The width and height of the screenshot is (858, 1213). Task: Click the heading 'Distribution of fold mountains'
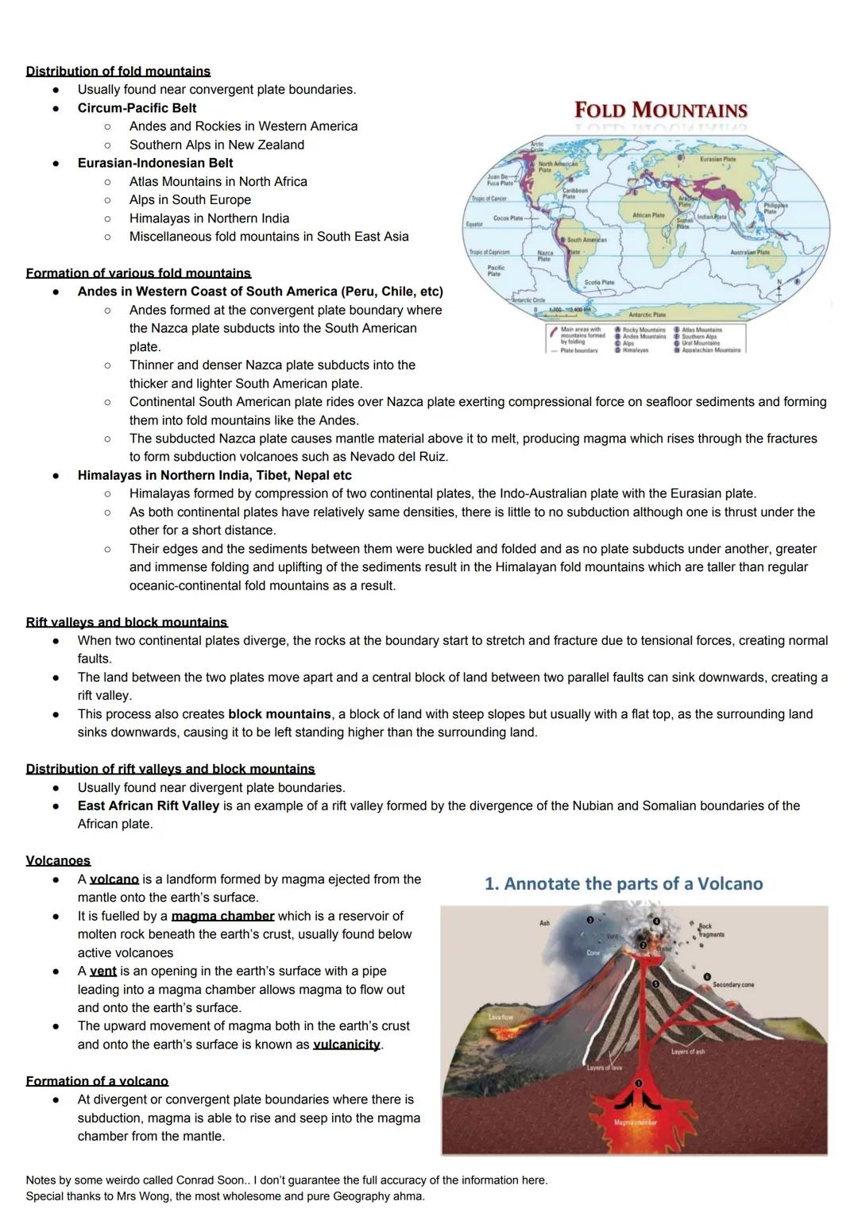pos(118,71)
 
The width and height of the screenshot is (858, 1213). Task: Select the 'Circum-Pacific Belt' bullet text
pos(137,108)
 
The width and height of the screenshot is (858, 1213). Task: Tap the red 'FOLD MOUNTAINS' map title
pos(660,110)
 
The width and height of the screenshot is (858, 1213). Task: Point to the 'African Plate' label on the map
pos(647,215)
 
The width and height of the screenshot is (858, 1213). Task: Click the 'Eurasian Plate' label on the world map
pos(717,159)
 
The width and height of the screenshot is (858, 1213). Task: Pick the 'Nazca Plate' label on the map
pos(545,255)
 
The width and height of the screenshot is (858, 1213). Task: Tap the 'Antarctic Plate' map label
pos(647,315)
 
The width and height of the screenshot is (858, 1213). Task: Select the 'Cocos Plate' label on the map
pos(508,218)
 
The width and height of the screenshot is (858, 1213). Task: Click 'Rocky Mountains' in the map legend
pos(643,330)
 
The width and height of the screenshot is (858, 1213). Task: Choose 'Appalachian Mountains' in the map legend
pos(711,350)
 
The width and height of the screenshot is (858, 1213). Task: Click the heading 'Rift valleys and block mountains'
pos(126,622)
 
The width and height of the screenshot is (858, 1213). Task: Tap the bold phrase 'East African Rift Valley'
pos(148,805)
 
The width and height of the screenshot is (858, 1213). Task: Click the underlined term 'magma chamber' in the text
pos(222,916)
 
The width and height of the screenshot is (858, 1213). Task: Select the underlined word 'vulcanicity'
pos(346,1045)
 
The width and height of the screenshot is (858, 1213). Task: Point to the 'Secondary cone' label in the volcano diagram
pos(732,984)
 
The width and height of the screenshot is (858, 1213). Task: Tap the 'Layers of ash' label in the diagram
pos(687,1052)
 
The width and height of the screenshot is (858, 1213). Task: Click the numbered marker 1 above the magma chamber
pos(639,1082)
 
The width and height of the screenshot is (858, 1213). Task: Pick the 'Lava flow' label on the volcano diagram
pos(500,1017)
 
